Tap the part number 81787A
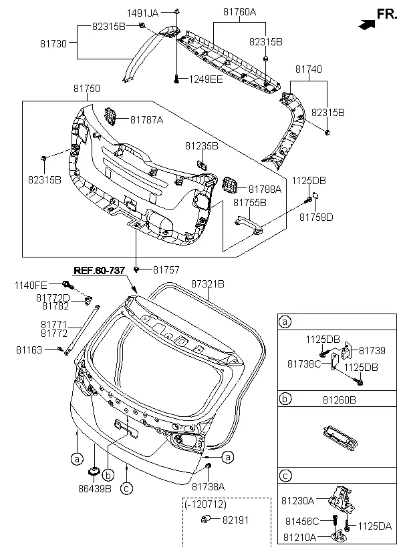point(147,120)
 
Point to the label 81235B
point(202,145)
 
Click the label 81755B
point(250,201)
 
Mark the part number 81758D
point(316,217)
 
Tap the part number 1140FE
point(31,286)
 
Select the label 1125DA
point(374,526)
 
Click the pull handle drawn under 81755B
point(248,222)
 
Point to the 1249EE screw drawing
point(176,78)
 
